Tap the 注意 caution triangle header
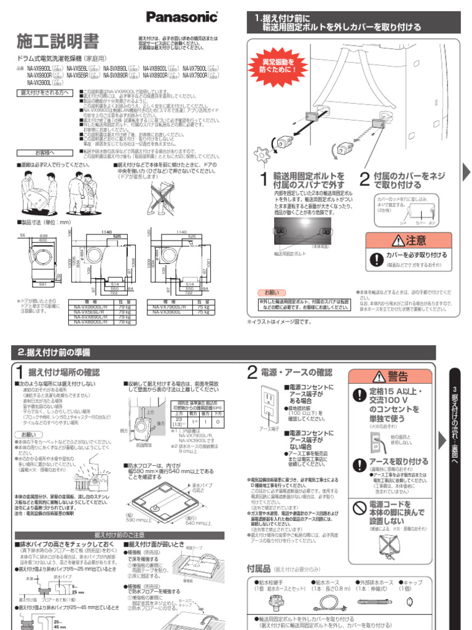click(408, 240)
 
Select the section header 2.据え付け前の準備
click(55, 352)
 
